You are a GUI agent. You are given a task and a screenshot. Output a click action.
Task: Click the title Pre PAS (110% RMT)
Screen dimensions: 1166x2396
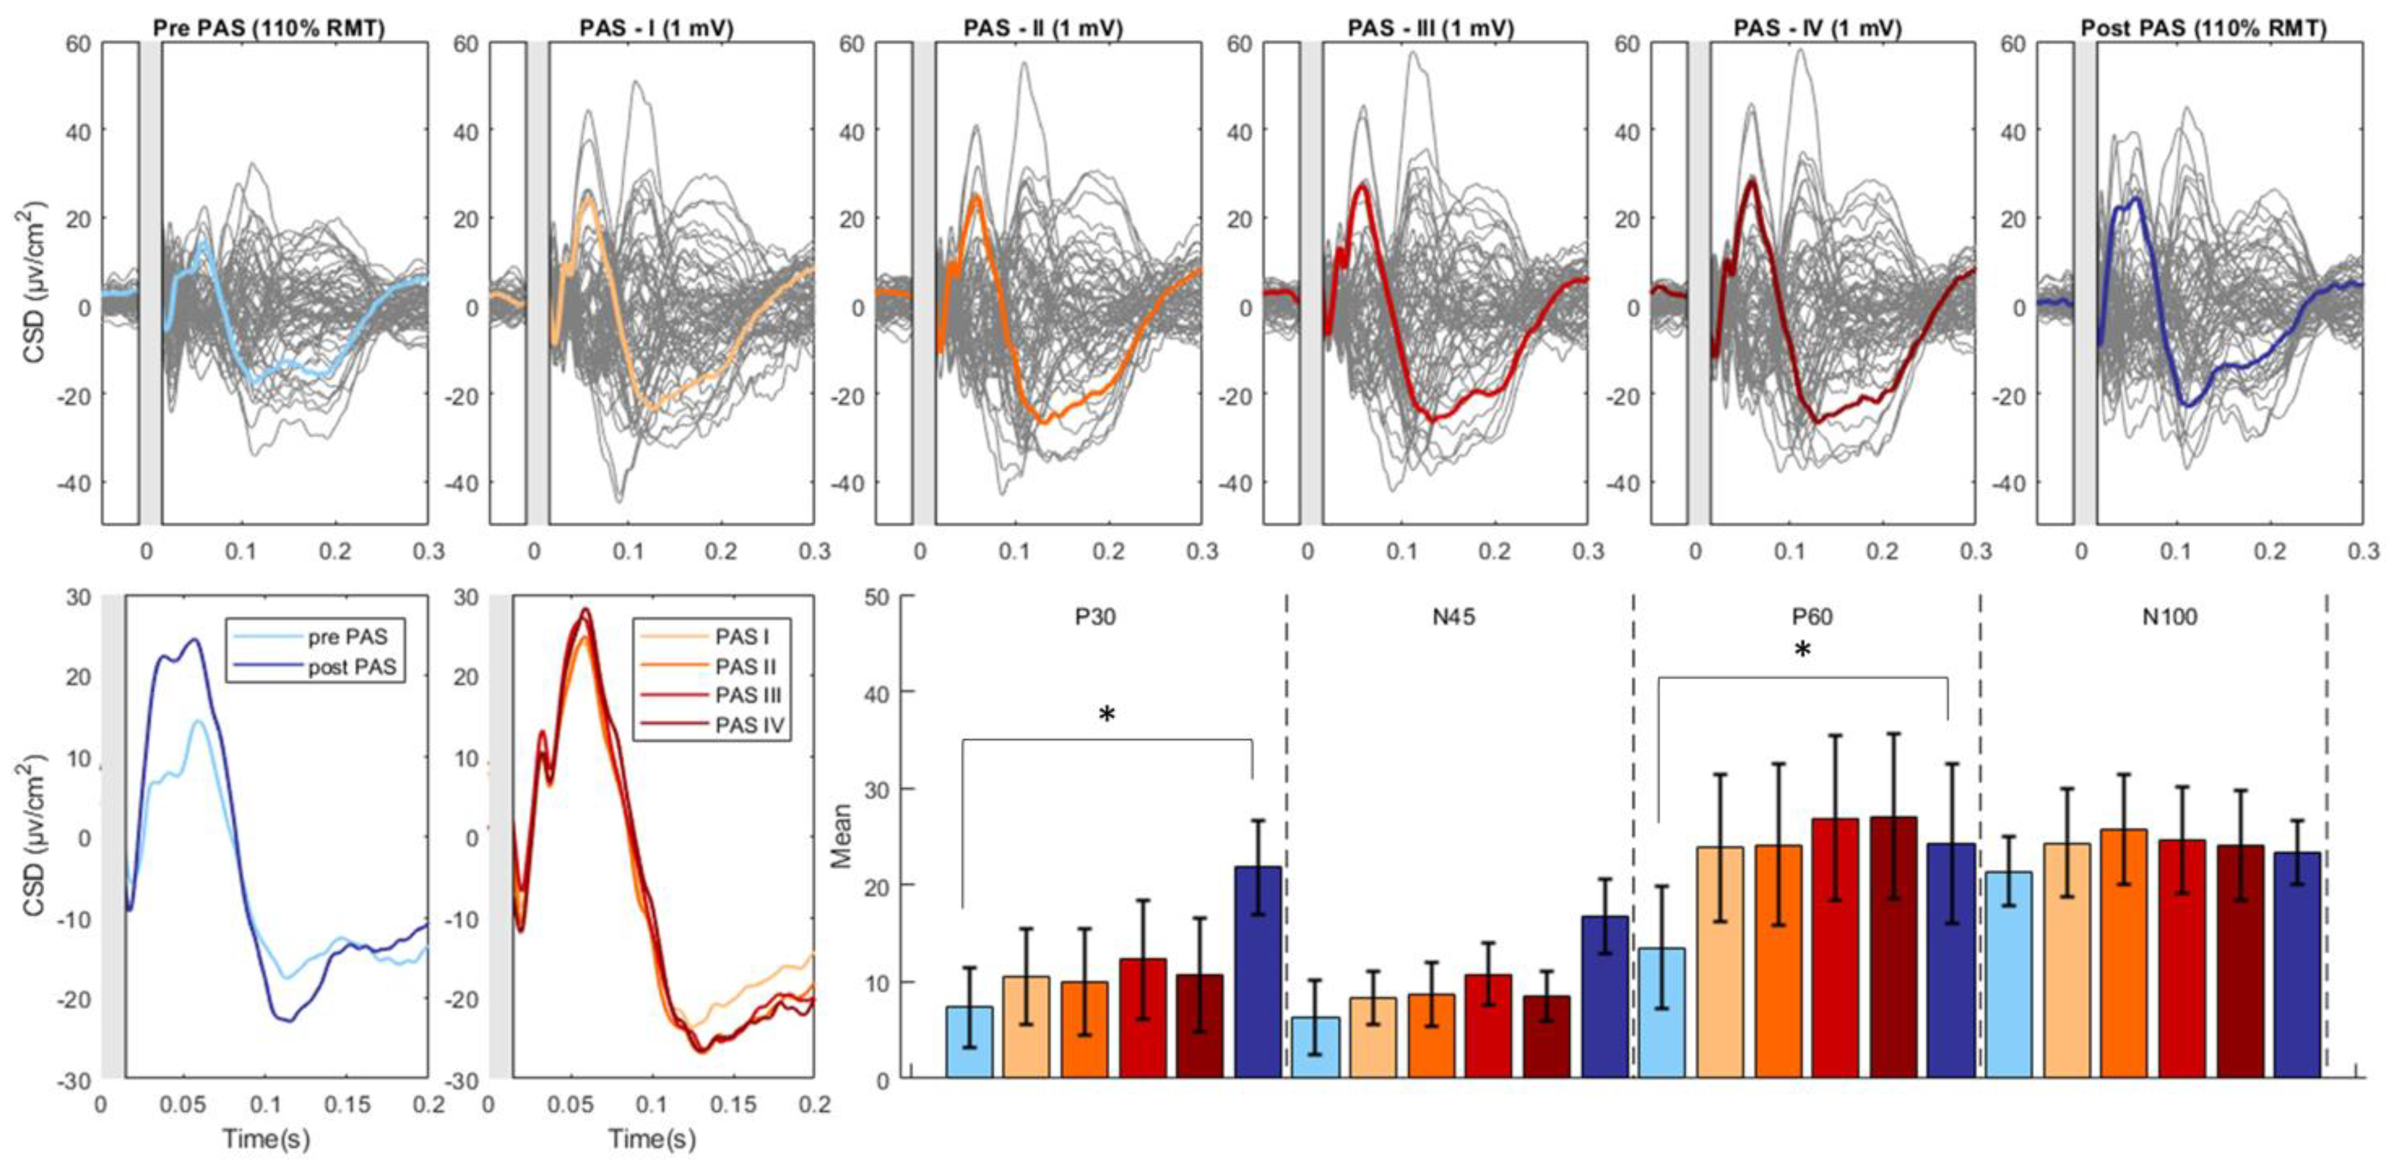click(x=268, y=28)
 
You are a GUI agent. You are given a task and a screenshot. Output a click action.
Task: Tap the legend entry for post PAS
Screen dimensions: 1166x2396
click(x=351, y=667)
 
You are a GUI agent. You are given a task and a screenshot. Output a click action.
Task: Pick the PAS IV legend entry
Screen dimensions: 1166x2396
click(x=749, y=724)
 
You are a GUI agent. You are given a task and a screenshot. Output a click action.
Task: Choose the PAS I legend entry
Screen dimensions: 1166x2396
click(x=741, y=637)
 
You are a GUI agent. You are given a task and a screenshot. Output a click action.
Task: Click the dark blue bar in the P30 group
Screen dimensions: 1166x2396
click(x=1257, y=971)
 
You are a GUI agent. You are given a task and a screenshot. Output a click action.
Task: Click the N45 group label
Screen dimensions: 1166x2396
click(x=1453, y=617)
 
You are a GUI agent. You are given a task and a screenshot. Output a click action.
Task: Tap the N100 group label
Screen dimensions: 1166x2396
click(x=2170, y=617)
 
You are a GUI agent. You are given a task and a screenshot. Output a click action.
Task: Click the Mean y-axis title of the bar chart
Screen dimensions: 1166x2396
click(x=842, y=835)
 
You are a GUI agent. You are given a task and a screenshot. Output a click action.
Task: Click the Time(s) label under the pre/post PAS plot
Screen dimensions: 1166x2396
click(x=266, y=1138)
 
